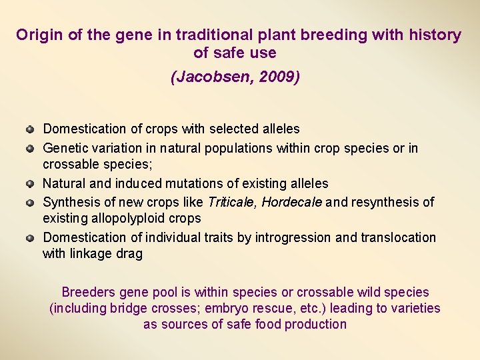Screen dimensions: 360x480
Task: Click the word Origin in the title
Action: point(39,35)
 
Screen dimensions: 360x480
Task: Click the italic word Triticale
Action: point(232,201)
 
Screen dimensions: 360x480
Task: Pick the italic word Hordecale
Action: point(291,201)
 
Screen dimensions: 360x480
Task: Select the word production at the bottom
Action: point(315,325)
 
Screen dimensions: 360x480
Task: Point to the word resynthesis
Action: point(383,201)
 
